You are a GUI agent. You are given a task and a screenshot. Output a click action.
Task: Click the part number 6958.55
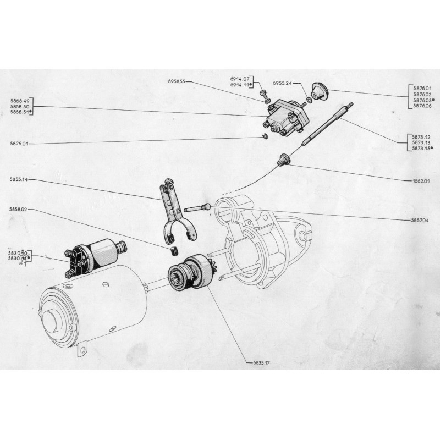pyautogui.click(x=177, y=81)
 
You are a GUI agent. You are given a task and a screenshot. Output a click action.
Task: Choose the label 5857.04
pyautogui.click(x=420, y=220)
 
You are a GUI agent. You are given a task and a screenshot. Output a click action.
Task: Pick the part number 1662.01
pyautogui.click(x=420, y=180)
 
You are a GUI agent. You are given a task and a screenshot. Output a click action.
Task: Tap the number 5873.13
pyautogui.click(x=420, y=142)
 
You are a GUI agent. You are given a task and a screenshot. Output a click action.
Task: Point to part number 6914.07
pyautogui.click(x=240, y=80)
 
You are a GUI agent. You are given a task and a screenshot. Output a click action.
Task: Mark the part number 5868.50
pyautogui.click(x=20, y=105)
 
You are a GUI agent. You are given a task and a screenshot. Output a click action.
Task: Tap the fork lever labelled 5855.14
pyautogui.click(x=175, y=212)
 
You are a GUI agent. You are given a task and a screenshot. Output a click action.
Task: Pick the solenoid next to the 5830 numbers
pyautogui.click(x=92, y=256)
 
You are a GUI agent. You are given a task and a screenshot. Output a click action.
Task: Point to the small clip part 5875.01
pyautogui.click(x=265, y=137)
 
